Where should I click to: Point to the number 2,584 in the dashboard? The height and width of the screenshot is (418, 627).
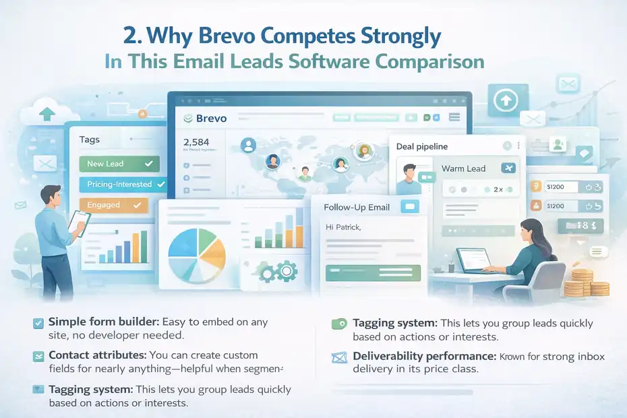point(198,142)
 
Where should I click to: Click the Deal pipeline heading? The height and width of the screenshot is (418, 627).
point(422,146)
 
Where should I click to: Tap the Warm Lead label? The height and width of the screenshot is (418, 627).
point(463,169)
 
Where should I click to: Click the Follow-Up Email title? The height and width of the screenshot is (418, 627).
point(357,207)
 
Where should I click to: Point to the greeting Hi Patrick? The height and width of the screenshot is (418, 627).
point(343,227)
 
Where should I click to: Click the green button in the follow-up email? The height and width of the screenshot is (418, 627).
point(372,272)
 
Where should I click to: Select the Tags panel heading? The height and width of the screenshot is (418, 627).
point(89,140)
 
